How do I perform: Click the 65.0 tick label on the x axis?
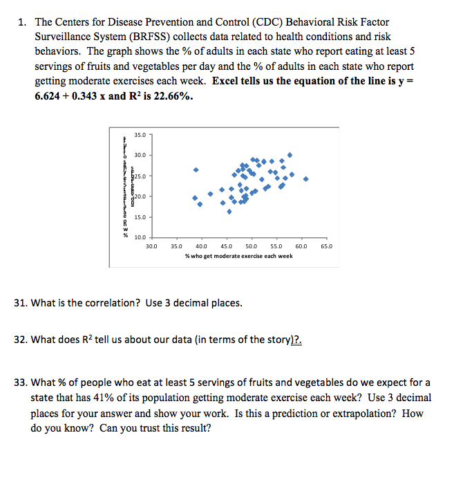326,246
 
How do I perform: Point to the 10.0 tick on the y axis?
138,239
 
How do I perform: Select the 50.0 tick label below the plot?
251,246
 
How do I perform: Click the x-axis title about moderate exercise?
238,256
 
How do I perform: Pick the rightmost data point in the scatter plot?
305,178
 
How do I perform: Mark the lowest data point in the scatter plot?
229,212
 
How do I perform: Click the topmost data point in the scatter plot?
290,155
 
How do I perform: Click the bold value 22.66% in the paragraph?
168,97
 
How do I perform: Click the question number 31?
21,303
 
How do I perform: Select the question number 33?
21,382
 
